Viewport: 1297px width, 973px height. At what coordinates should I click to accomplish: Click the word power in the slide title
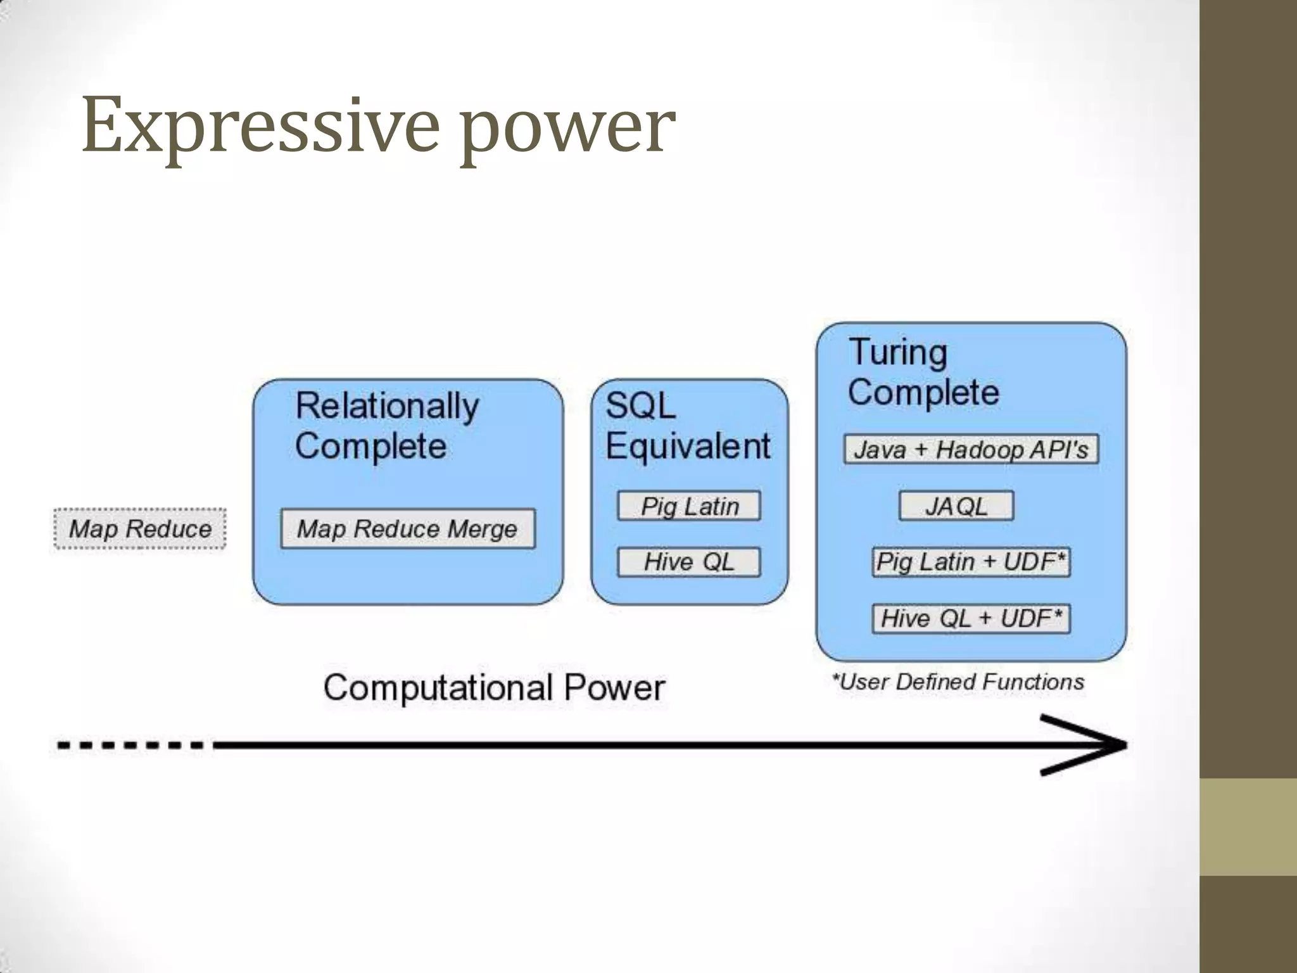[x=567, y=130]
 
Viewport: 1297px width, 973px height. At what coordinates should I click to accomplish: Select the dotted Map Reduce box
[x=140, y=529]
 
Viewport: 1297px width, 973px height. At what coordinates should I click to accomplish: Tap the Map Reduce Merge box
[x=408, y=529]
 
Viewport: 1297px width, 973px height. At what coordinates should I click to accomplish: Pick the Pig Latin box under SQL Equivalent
[x=689, y=506]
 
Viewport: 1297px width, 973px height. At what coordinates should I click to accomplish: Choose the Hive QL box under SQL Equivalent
[x=689, y=562]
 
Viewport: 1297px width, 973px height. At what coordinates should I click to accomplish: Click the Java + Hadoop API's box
[x=971, y=450]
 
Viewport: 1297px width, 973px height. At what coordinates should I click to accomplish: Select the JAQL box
[x=956, y=506]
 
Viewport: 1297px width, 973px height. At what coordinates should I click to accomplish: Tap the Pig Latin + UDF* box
[x=971, y=562]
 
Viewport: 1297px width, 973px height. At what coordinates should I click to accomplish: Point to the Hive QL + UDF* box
[x=971, y=618]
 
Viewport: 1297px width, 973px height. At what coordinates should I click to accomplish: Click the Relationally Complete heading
[x=386, y=426]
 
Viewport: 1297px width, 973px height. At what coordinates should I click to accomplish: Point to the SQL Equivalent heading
[x=688, y=426]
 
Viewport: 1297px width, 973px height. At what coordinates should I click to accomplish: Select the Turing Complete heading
[x=923, y=372]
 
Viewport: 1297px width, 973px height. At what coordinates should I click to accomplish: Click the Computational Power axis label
[x=494, y=687]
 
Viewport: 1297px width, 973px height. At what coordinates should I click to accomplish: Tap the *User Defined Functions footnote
[x=958, y=682]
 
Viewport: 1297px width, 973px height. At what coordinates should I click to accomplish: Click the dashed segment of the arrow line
[x=130, y=745]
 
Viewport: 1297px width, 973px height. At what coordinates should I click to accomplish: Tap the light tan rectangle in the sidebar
[x=1248, y=827]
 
